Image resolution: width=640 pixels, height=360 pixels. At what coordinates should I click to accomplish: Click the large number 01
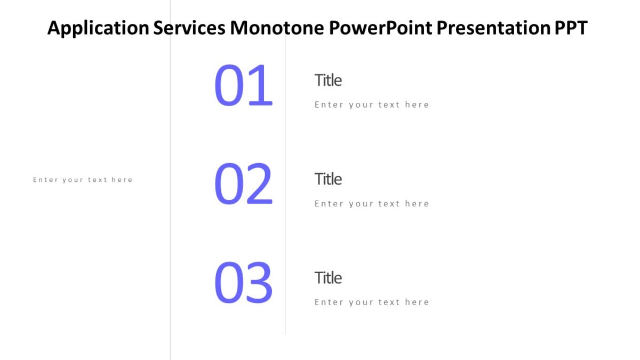(x=243, y=86)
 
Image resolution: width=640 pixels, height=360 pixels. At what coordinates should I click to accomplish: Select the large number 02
(x=243, y=185)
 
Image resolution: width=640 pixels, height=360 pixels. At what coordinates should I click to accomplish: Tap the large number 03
(x=243, y=283)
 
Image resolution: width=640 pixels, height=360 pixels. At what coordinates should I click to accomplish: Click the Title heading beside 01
(x=328, y=80)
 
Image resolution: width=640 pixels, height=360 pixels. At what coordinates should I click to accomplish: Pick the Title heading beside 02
(x=328, y=179)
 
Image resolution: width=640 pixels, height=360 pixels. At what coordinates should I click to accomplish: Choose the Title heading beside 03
(x=328, y=277)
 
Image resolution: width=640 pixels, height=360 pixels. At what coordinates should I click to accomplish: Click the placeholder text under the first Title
(x=372, y=105)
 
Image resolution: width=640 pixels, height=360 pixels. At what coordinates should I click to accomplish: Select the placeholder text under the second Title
(x=372, y=203)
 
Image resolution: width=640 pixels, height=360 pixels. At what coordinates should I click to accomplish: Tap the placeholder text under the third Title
(x=372, y=302)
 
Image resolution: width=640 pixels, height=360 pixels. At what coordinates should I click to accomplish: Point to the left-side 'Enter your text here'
(x=83, y=180)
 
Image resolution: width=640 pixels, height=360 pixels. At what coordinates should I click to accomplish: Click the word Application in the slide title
(x=98, y=28)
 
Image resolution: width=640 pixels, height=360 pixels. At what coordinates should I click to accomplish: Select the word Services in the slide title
(x=189, y=28)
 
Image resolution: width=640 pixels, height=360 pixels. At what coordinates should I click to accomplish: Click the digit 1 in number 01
(x=261, y=86)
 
